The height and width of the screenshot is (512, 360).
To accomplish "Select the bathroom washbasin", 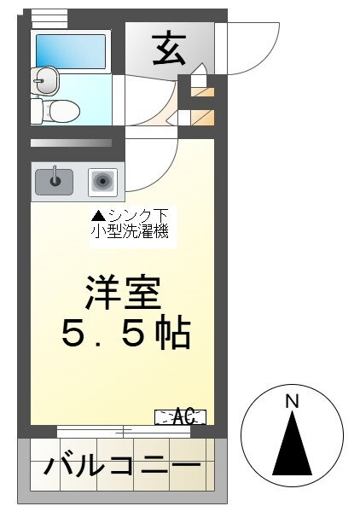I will point(45,80).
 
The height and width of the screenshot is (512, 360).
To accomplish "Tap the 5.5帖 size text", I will point(125,335).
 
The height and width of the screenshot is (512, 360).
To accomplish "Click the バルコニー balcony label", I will point(123,467).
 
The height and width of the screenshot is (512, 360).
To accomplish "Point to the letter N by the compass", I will point(291,400).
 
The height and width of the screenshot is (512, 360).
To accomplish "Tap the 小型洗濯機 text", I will point(133,230).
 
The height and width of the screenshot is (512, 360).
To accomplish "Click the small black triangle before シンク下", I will point(98,216).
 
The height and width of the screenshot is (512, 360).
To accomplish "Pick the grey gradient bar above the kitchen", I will point(72,143).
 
